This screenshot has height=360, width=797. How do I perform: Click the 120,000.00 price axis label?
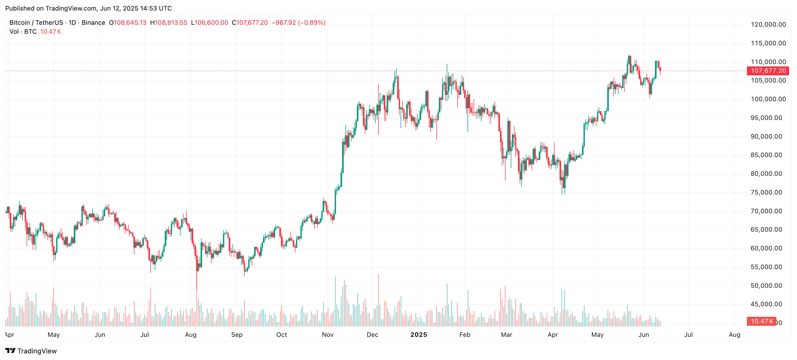[x=768, y=25]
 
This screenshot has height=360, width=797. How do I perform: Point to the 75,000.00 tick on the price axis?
[x=766, y=192]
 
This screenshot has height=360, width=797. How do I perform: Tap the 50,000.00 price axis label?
[x=766, y=286]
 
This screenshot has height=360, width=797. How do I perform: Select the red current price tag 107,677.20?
[x=768, y=71]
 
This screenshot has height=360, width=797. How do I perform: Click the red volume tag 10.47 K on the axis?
[x=761, y=321]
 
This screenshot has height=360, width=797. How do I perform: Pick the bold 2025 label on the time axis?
[x=418, y=335]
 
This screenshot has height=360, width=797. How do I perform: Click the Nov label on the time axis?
[x=328, y=335]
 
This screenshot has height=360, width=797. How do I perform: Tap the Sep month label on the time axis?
[x=237, y=335]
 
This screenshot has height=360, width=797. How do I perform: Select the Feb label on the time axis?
[x=464, y=335]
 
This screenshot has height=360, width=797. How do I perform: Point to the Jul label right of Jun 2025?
[x=688, y=335]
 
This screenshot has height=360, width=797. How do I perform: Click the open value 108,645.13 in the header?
[x=130, y=23]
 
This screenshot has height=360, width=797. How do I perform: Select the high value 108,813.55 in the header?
[x=171, y=23]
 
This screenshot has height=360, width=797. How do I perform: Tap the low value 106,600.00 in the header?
[x=211, y=23]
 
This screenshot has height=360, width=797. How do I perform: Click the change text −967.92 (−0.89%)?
[x=298, y=23]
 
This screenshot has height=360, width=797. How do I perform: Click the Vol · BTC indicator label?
[x=23, y=32]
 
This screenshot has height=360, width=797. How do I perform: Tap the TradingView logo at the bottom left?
[x=31, y=351]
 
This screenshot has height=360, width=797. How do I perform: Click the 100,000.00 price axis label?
[x=768, y=99]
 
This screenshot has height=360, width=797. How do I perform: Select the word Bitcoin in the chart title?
[x=20, y=23]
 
